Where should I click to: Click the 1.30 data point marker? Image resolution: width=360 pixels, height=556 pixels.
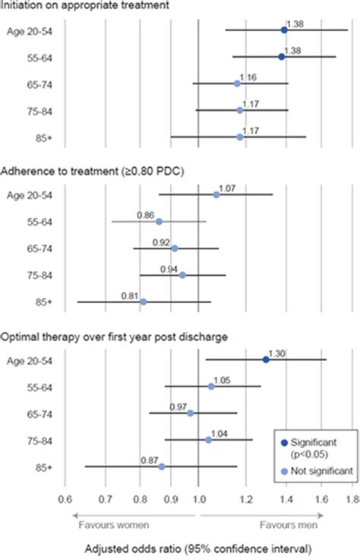(266, 359)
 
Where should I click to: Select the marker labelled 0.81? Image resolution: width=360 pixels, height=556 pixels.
(143, 302)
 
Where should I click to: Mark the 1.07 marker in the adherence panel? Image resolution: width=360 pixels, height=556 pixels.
(216, 194)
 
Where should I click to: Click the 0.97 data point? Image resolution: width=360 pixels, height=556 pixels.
(191, 413)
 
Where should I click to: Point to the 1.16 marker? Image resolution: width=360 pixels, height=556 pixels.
(237, 84)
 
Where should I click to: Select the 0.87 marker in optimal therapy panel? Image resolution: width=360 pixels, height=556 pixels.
(161, 466)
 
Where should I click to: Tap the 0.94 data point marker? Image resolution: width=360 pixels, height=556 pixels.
(182, 275)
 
